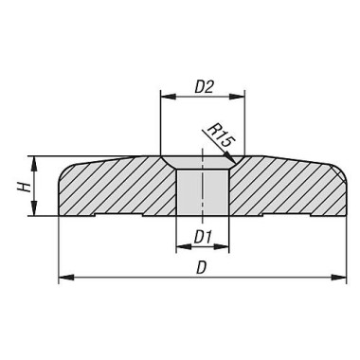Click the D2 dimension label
[x=202, y=85]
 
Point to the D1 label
[x=202, y=234]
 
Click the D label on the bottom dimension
[x=201, y=267]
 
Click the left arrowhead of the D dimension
[x=63, y=279]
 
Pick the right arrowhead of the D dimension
[x=341, y=279]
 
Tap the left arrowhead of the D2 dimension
[x=166, y=97]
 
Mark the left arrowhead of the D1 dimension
[x=181, y=247]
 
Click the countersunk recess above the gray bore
[x=202, y=164]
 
